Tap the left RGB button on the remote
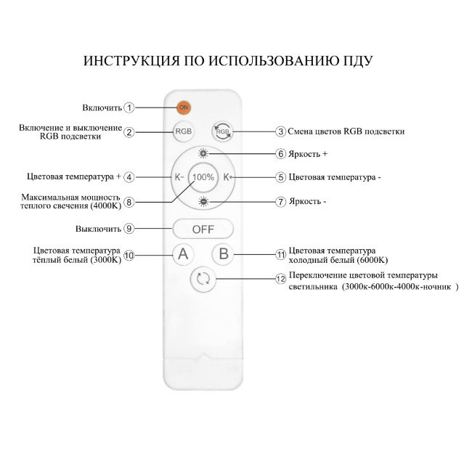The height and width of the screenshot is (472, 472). [183, 131]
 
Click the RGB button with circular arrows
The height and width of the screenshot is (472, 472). [222, 131]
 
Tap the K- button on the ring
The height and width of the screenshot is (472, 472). [179, 176]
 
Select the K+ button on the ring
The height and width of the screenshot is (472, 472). [227, 176]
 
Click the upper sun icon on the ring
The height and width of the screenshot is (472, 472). [203, 154]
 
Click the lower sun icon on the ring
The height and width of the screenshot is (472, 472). [203, 201]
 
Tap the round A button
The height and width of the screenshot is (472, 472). [183, 254]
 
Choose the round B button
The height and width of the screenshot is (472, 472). [224, 254]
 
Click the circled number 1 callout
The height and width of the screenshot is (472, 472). [129, 107]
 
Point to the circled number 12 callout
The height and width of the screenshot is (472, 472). [281, 278]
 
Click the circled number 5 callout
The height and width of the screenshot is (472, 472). [281, 176]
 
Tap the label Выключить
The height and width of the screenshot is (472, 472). [97, 229]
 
